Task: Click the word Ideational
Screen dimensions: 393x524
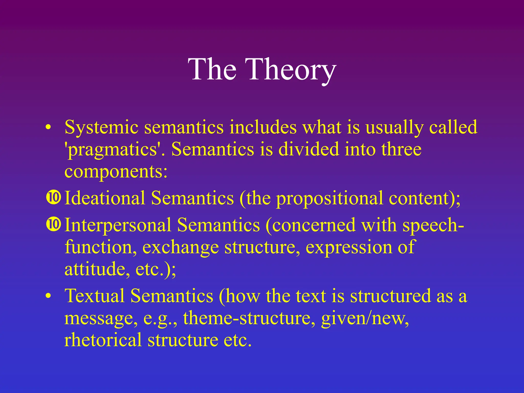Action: [105, 198]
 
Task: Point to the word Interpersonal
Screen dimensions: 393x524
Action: [118, 225]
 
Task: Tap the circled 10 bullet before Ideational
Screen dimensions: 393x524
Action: [53, 197]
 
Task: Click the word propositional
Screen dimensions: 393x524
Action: [330, 199]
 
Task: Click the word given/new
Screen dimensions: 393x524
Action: [365, 318]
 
